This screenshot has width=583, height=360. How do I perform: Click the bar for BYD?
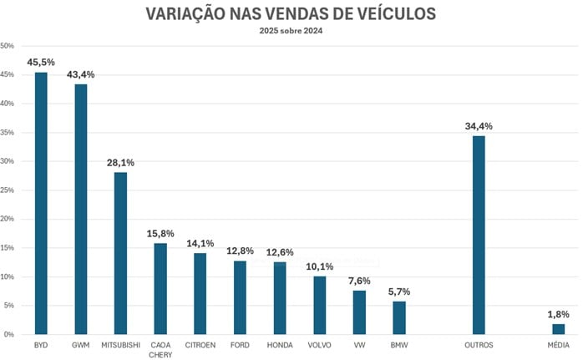point(41,203)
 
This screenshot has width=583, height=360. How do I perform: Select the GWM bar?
point(80,209)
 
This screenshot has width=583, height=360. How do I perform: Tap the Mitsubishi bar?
point(120,253)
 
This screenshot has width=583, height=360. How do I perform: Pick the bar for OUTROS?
point(479,235)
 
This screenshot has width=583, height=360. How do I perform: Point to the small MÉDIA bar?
point(559,329)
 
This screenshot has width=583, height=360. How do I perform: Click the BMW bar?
point(399,317)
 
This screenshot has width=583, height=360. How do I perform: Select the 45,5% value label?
point(41,62)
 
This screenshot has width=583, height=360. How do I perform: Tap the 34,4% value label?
point(479,126)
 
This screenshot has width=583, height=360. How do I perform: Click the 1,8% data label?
point(559,314)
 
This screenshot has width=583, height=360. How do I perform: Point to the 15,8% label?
point(160,233)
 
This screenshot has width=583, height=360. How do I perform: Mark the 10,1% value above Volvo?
point(320,266)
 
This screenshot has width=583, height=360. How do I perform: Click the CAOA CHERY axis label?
point(160,349)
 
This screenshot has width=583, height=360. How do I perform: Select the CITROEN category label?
point(200,344)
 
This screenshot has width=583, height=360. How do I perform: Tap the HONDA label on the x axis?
point(280,344)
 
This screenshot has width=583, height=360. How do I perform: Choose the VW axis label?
point(359,344)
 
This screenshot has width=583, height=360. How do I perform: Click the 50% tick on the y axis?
point(8,46)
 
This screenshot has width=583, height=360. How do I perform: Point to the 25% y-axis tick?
point(8,190)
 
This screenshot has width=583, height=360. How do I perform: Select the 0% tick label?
point(10,334)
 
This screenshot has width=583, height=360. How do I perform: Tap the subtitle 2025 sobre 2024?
point(291,31)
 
